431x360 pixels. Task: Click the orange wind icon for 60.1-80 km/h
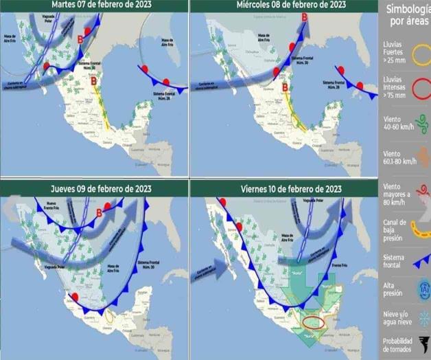coord(421,155)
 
